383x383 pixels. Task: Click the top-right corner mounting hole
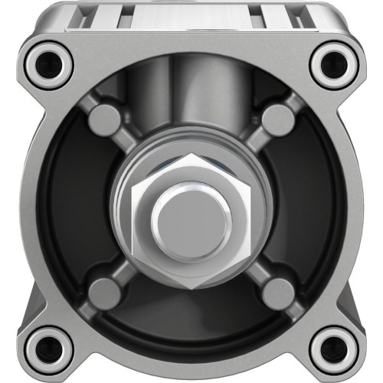[334, 63]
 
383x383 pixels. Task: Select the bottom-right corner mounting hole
[334, 346]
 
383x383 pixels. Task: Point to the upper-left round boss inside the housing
[104, 118]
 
